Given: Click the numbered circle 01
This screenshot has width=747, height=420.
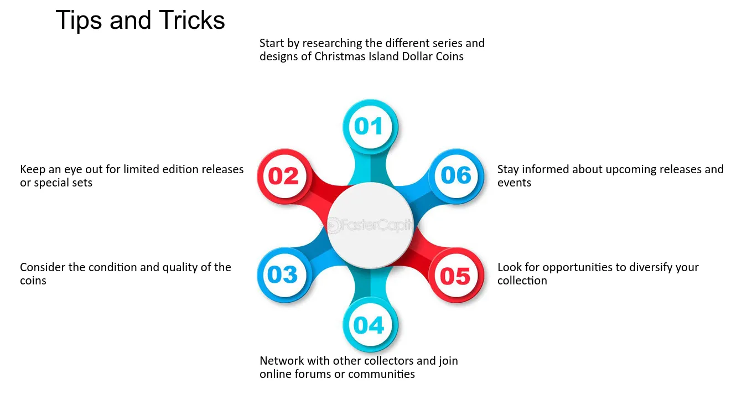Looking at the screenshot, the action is (370, 127).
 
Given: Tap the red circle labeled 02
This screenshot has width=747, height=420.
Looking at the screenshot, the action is (284, 176).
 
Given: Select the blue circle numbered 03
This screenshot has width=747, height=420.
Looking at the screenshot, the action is (284, 275).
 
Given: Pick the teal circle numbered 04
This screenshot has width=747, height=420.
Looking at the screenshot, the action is (370, 325).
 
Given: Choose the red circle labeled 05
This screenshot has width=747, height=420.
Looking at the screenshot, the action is (456, 275).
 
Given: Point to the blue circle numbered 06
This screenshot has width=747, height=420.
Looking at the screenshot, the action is (456, 176).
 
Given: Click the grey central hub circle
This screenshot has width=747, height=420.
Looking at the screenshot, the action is (370, 226).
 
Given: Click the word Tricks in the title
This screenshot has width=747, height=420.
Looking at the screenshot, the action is (192, 20).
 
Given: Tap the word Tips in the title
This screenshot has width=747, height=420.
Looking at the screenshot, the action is (79, 20).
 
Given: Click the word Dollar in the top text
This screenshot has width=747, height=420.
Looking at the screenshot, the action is (417, 56).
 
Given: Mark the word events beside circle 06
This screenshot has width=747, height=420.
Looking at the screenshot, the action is (514, 183).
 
